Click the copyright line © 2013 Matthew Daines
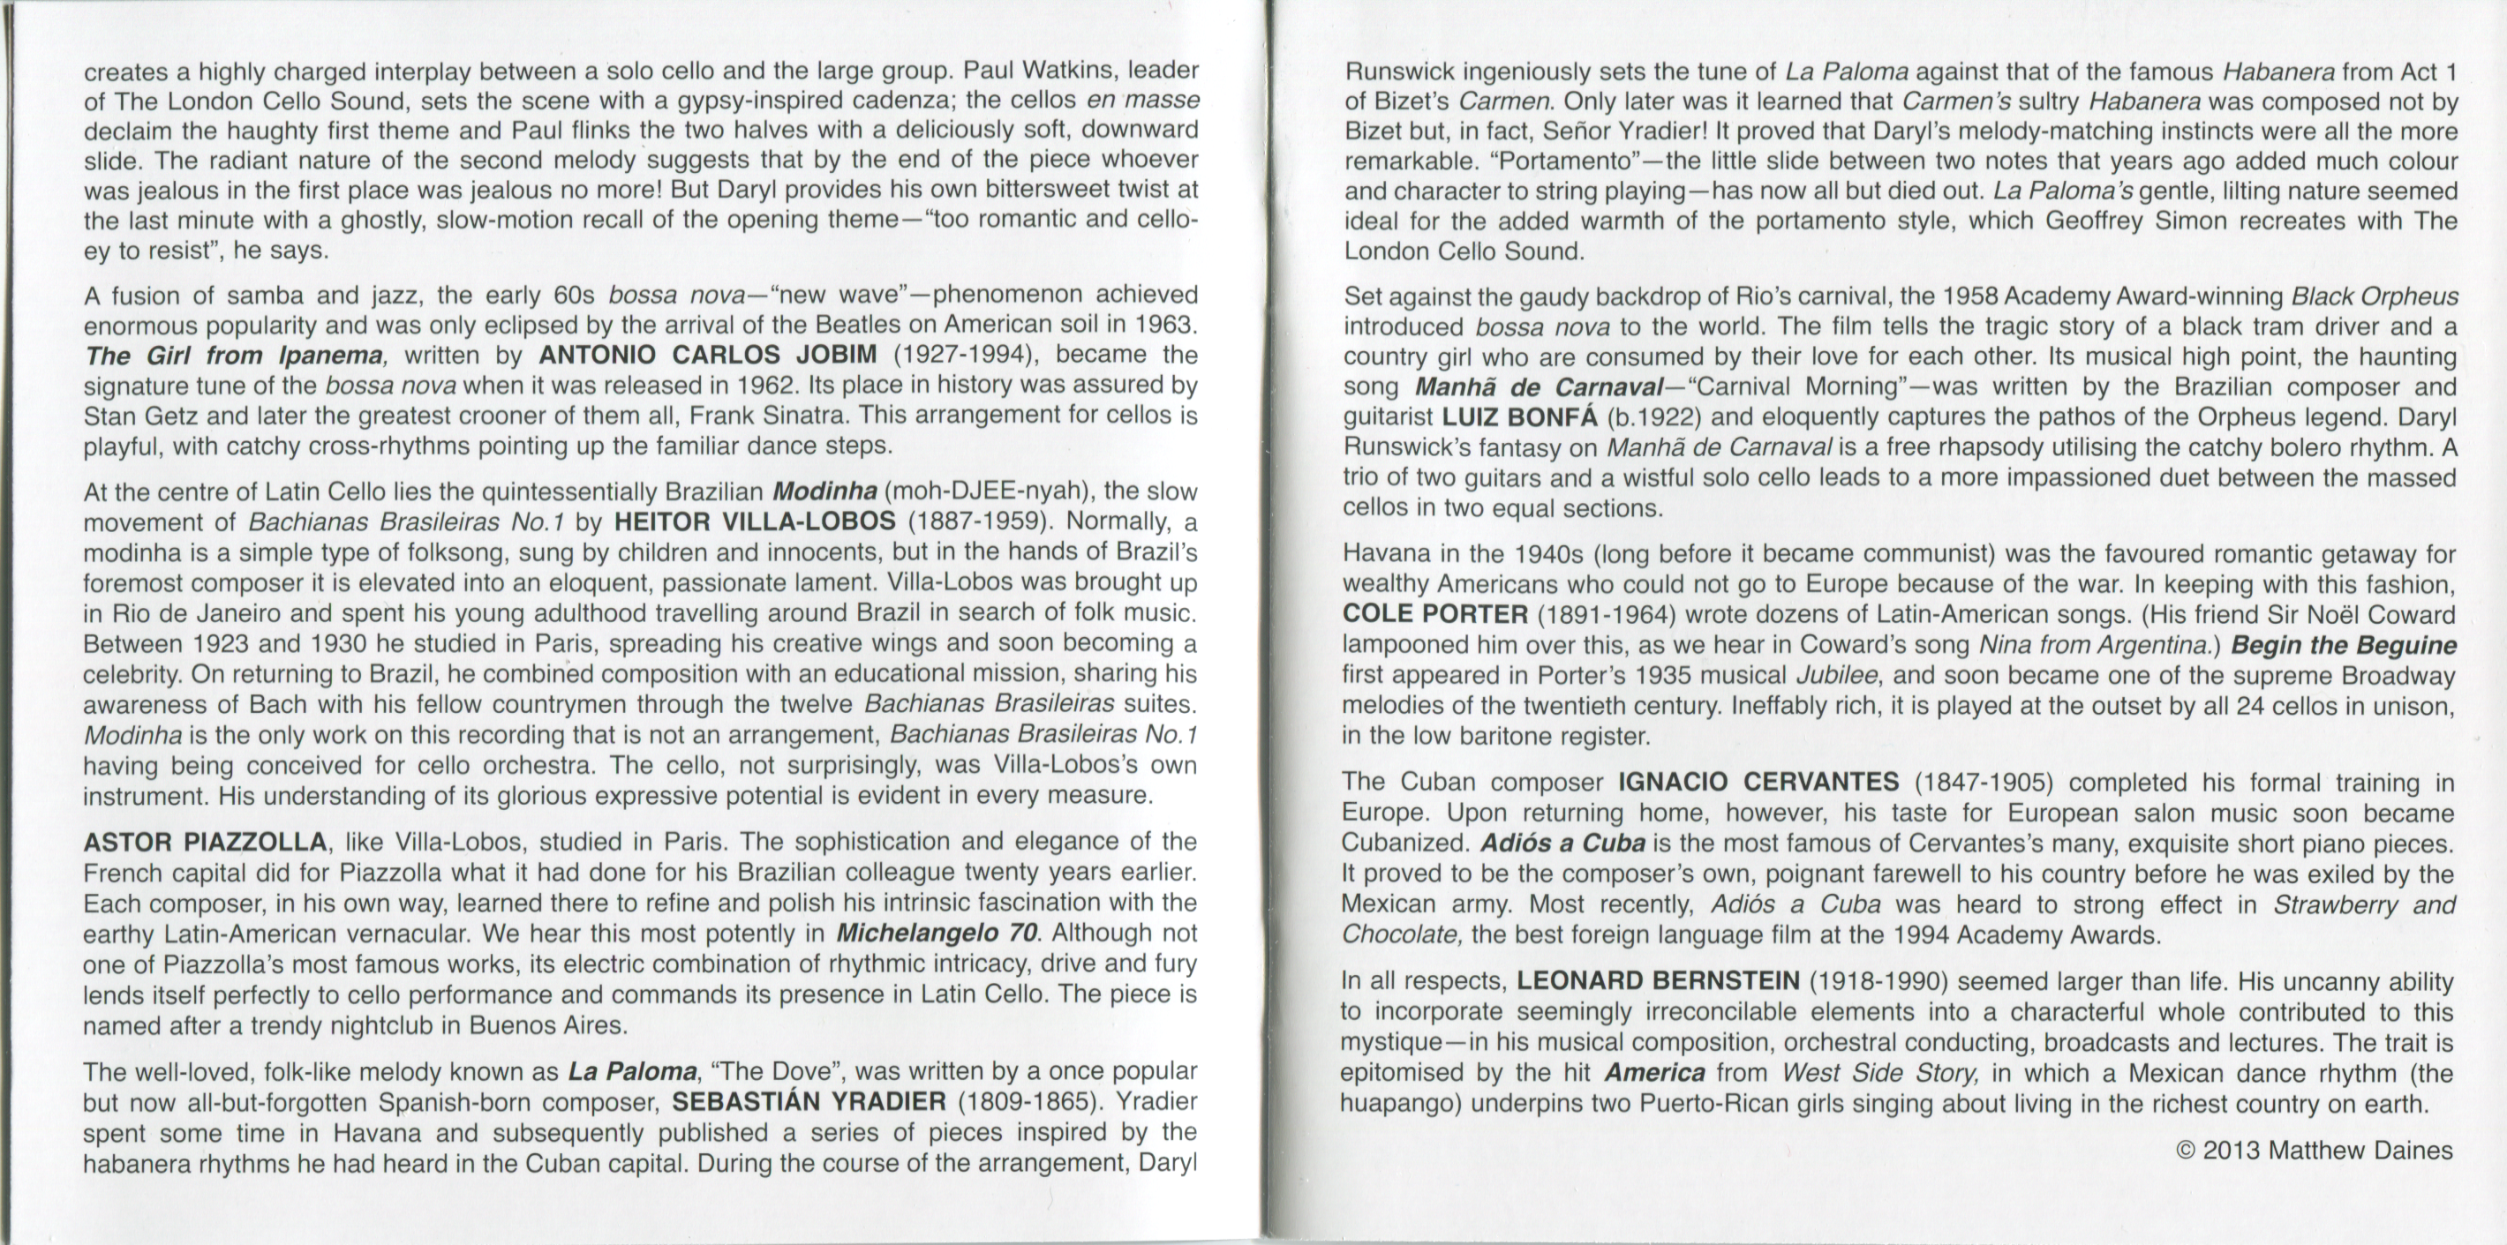(2314, 1151)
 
